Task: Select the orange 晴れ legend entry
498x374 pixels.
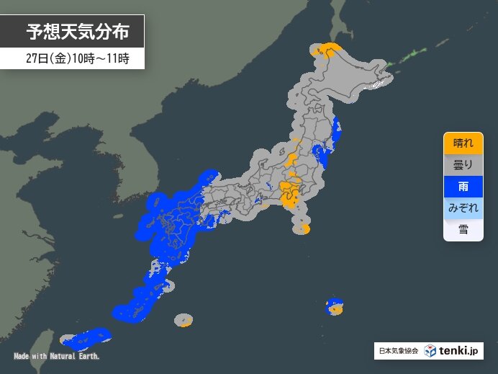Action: click(463, 143)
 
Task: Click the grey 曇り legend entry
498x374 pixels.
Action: click(463, 164)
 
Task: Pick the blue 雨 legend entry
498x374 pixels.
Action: click(463, 186)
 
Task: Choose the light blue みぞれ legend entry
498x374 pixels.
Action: click(463, 208)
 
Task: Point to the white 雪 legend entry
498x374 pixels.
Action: click(463, 229)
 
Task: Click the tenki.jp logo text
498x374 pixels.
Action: click(461, 351)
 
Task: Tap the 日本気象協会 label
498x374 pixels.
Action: click(398, 351)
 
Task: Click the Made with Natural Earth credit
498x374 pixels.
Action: click(57, 356)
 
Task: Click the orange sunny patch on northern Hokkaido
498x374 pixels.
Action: click(330, 50)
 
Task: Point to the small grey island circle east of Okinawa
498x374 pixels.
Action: click(184, 319)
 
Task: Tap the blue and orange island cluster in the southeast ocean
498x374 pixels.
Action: click(335, 306)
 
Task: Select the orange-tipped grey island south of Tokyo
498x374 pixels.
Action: click(302, 230)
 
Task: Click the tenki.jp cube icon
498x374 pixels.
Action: click(430, 351)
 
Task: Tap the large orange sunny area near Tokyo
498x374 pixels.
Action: click(291, 194)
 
